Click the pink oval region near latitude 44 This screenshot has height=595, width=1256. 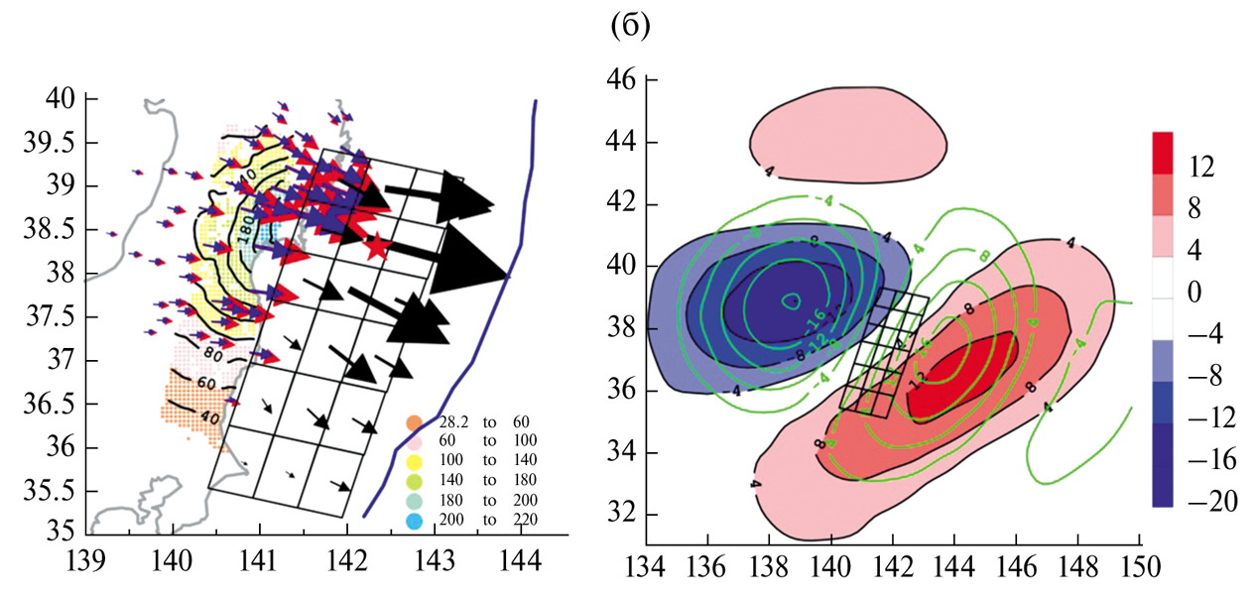tap(847, 135)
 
